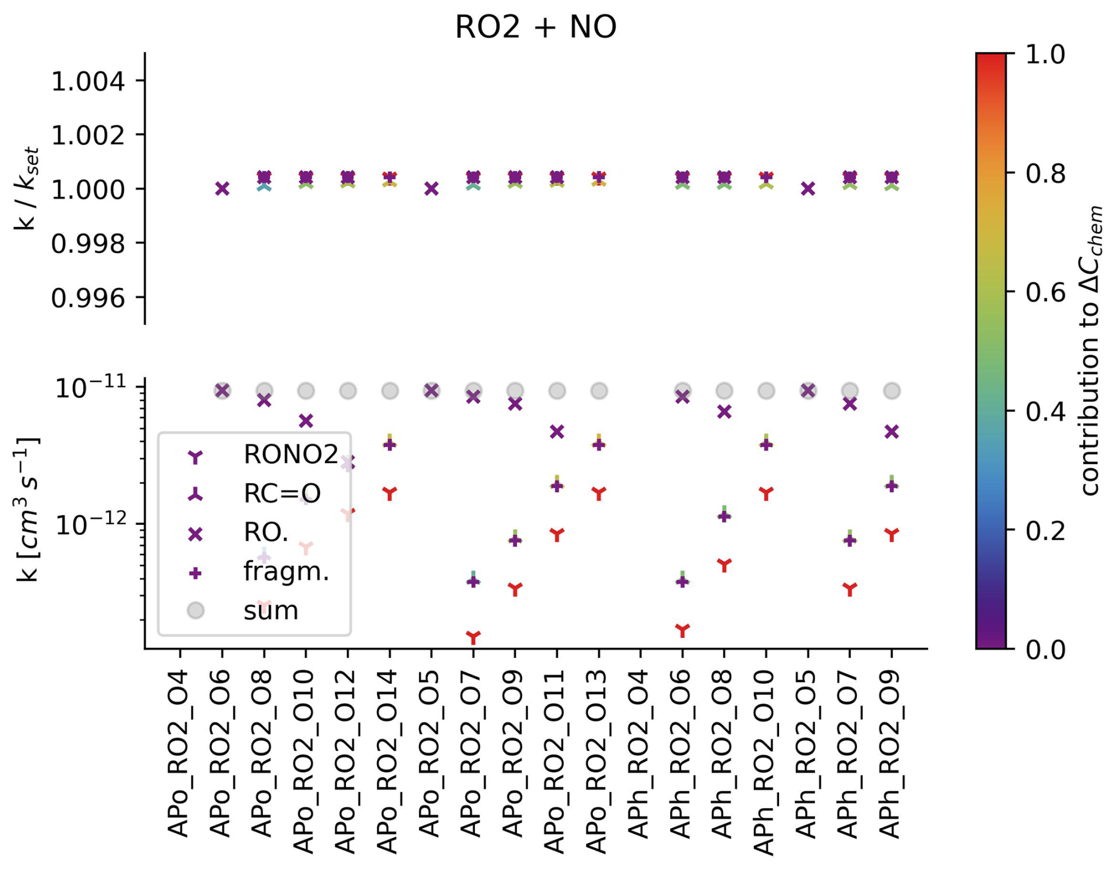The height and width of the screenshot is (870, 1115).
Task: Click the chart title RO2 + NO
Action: click(535, 27)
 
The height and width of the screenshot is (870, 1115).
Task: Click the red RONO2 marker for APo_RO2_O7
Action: click(473, 637)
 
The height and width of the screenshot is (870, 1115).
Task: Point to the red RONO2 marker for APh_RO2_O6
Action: click(682, 630)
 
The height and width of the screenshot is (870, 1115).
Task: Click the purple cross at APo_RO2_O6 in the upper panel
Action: click(222, 188)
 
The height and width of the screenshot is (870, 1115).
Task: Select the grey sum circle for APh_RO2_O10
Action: click(766, 391)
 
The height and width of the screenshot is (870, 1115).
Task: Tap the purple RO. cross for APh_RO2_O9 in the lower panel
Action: click(892, 432)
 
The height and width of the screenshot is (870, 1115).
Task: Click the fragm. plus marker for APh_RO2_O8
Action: click(724, 517)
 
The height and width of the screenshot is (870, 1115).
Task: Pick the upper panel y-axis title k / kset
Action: click(27, 188)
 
